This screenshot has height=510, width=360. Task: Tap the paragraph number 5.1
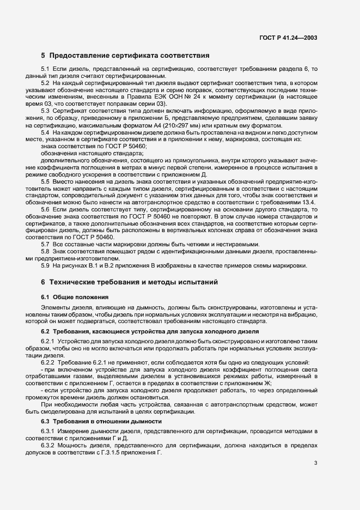pyautogui.click(x=45, y=69)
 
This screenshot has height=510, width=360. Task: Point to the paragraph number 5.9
pyautogui.click(x=45, y=265)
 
